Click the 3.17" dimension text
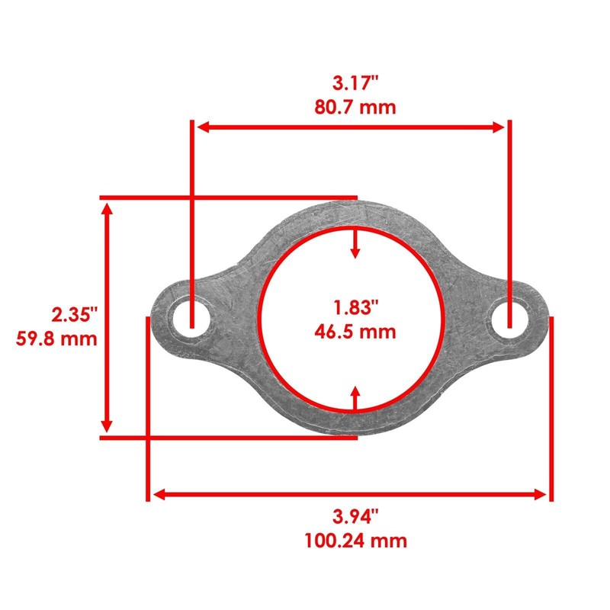click(x=355, y=83)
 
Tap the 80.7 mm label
click(x=355, y=107)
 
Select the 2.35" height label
click(x=75, y=314)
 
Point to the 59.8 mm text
click(x=56, y=339)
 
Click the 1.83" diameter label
click(x=355, y=307)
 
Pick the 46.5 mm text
click(x=355, y=332)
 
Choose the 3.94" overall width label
click(x=355, y=517)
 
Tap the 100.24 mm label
click(x=355, y=541)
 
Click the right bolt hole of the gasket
click(x=510, y=319)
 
